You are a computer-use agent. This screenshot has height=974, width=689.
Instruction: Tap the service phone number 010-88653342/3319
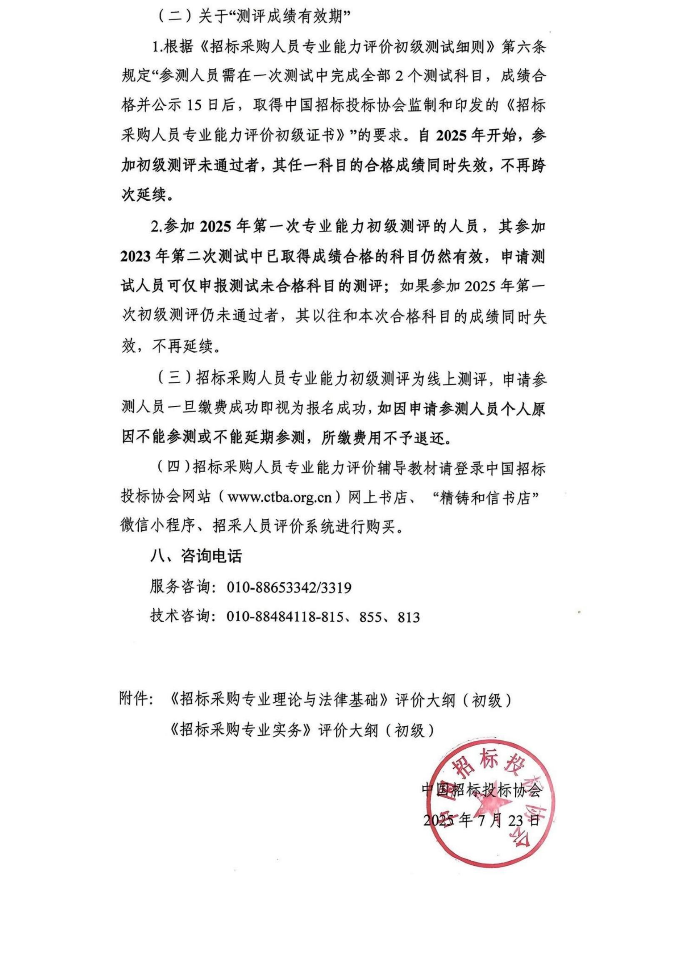coord(289,588)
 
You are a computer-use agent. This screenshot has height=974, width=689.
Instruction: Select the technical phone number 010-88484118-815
coord(284,617)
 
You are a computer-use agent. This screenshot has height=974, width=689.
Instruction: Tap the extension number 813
coord(409,617)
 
